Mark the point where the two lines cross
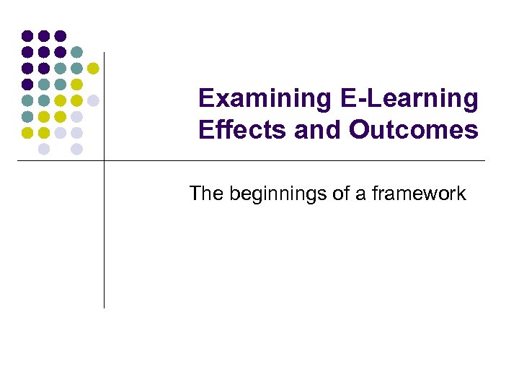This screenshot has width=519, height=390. coord(104,160)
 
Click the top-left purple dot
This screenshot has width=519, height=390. coord(27,35)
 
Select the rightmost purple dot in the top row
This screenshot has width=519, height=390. coord(60,35)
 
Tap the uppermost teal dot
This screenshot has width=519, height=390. coord(76,52)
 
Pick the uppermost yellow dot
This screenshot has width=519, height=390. coord(93,69)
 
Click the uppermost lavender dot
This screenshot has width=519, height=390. coord(93,100)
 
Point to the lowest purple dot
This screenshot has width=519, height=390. coord(27,84)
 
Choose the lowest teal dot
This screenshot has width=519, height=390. coord(27,116)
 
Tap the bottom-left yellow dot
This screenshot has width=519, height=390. coord(27,132)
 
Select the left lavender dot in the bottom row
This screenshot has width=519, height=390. coord(43,149)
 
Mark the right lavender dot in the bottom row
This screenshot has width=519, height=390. coord(76,149)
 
